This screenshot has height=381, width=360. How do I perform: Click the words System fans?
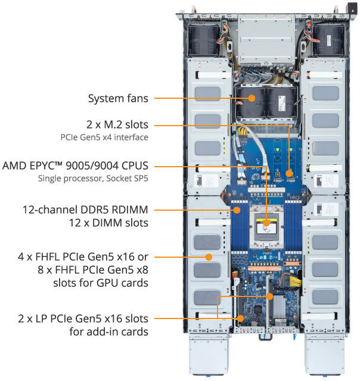coord(118,98)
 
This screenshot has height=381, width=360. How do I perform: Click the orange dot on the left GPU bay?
coord(209,257)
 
